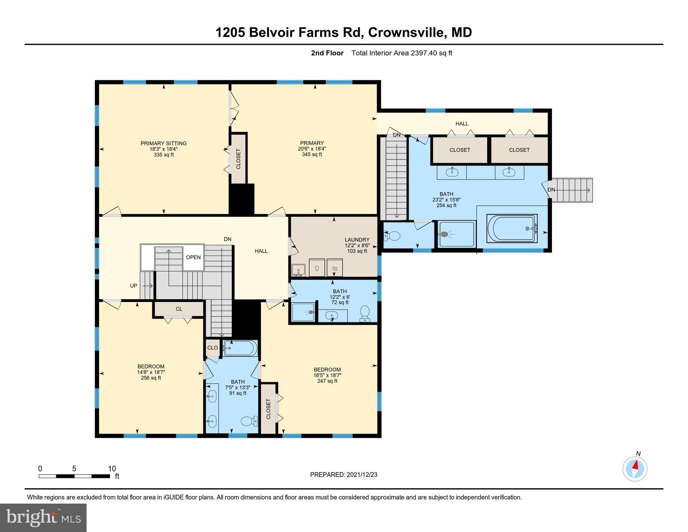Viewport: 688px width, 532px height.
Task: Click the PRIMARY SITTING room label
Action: [x=163, y=143]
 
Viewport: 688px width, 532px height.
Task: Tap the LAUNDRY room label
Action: [x=357, y=240]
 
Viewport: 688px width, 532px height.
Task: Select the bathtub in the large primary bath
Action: [x=512, y=228]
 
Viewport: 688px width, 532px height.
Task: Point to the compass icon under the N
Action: [x=635, y=469]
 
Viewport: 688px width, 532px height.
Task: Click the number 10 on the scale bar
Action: [x=111, y=469]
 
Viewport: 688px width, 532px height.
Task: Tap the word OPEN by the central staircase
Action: [x=193, y=257]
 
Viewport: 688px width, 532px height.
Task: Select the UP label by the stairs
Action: [x=134, y=286]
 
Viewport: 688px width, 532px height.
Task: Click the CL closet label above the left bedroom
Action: [x=179, y=309]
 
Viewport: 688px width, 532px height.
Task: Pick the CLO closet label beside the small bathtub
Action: [x=212, y=348]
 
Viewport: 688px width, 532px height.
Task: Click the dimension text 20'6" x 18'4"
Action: [x=312, y=149]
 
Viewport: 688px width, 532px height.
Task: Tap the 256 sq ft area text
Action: [x=151, y=378]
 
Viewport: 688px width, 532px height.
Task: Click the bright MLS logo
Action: [x=43, y=517]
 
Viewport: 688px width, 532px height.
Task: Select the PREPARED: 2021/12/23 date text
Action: [x=343, y=475]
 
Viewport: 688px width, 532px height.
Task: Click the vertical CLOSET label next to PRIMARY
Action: [x=238, y=159]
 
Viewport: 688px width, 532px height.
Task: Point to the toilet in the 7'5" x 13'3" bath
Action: [x=249, y=421]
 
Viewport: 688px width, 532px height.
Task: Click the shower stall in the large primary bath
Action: [x=456, y=234]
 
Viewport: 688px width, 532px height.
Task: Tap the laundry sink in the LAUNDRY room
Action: [x=298, y=269]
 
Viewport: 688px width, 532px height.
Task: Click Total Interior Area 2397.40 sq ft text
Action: [x=402, y=53]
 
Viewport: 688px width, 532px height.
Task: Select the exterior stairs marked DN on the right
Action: [x=571, y=190]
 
